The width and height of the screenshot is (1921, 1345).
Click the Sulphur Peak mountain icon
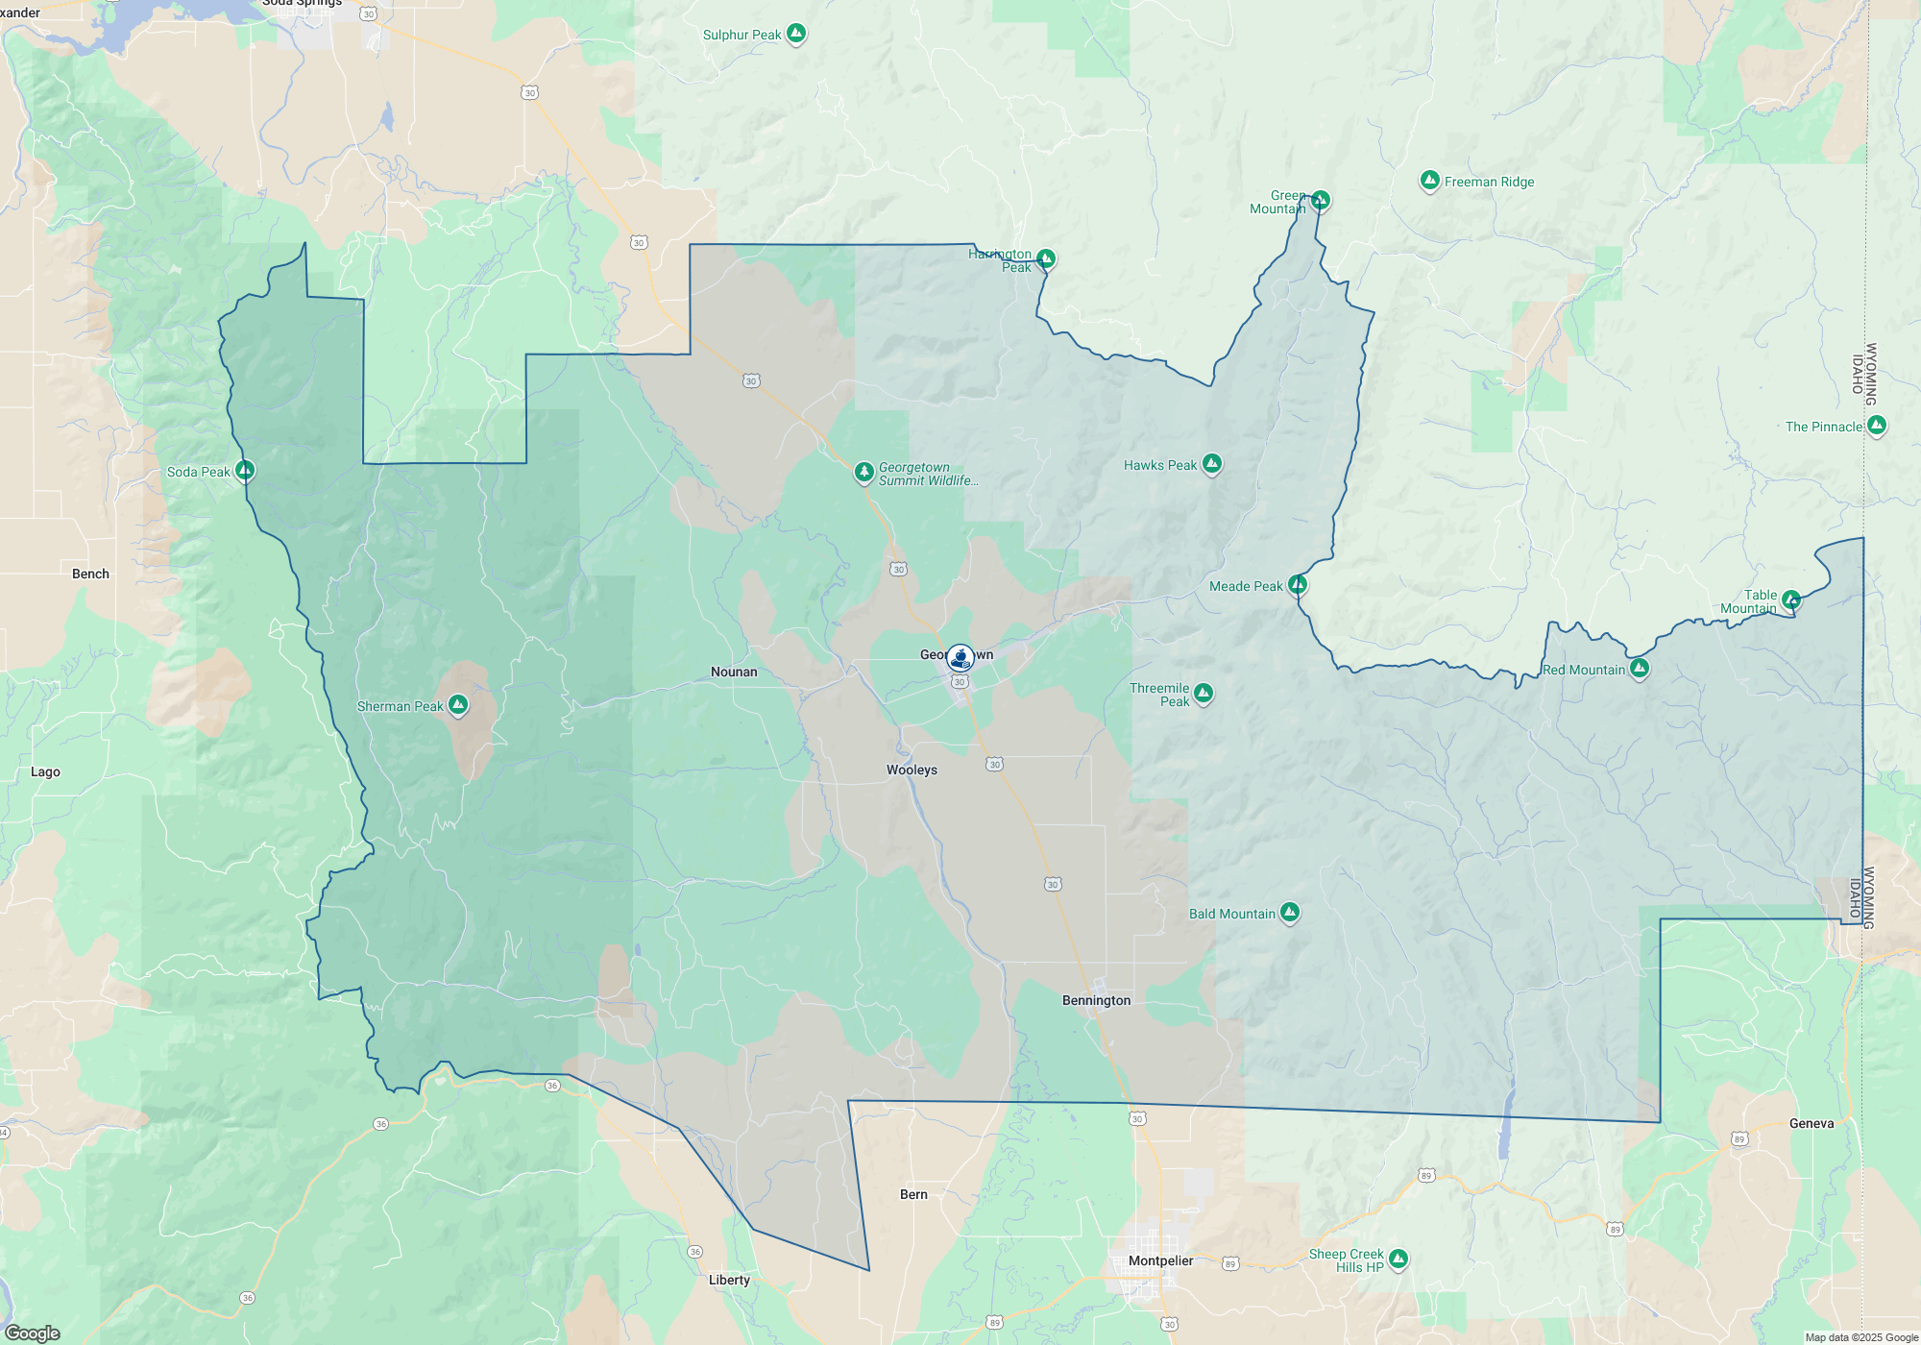pos(795,34)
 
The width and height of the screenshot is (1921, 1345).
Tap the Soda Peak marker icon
pos(245,471)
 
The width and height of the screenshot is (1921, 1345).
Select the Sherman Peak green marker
pos(458,705)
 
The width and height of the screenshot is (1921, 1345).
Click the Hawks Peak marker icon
pos(1212,464)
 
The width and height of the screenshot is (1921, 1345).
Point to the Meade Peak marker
pos(1298,584)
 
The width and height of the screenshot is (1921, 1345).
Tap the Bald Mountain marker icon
pos(1290,912)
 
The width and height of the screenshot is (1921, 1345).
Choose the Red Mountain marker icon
pos(1640,668)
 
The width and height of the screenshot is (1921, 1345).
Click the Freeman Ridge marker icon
pos(1429,181)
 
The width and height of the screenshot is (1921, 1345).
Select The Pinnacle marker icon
pos(1877,425)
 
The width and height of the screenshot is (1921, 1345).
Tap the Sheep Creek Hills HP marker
pos(1398,1259)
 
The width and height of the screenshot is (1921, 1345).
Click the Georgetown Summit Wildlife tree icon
pos(864,472)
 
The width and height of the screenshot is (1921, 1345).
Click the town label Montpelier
pos(1160,1260)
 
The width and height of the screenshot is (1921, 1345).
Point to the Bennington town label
pos(1096,1000)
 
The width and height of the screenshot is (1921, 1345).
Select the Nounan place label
pos(734,672)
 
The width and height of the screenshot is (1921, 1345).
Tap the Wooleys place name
pos(912,770)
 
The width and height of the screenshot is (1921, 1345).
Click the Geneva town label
pos(1812,1123)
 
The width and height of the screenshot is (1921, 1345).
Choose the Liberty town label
pos(729,1280)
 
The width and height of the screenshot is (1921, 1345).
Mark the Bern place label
pos(913,1194)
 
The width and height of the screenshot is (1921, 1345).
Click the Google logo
pos(33,1333)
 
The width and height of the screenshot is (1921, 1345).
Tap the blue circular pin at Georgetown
pos(960,658)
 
